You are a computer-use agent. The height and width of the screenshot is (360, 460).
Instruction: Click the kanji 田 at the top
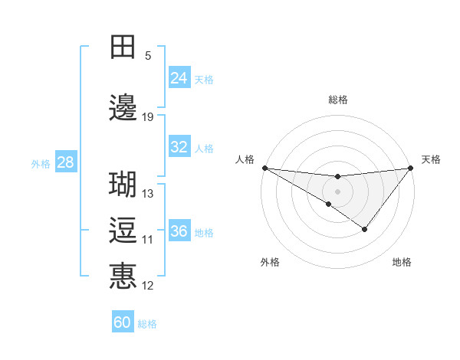[x=123, y=47]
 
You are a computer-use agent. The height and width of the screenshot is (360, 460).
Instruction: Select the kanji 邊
[x=123, y=107]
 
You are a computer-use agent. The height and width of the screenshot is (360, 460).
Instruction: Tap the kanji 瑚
[x=123, y=185]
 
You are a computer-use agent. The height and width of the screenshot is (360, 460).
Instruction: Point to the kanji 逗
[x=123, y=230]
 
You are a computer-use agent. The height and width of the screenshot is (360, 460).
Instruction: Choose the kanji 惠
[x=123, y=275]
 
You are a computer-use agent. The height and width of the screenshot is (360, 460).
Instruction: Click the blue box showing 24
[x=179, y=77]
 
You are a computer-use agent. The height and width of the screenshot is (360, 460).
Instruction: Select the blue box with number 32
[x=179, y=147]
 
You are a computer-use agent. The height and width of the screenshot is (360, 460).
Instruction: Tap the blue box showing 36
[x=179, y=231]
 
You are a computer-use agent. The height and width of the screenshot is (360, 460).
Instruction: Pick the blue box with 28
[x=65, y=162]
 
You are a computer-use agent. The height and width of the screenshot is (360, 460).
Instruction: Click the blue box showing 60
[x=123, y=322]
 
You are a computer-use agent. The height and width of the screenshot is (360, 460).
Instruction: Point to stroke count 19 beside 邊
[x=148, y=117]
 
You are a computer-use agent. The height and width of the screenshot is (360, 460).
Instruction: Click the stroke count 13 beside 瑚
[x=148, y=194]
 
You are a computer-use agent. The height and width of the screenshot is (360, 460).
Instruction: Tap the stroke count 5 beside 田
[x=148, y=55]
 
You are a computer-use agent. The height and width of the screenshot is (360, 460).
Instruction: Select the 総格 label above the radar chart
[x=337, y=100]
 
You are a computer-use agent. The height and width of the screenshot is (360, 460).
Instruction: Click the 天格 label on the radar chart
[x=431, y=159]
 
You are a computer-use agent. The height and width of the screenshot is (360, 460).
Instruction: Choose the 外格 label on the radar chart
[x=270, y=262]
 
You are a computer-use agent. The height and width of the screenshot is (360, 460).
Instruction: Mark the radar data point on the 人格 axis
[x=264, y=167]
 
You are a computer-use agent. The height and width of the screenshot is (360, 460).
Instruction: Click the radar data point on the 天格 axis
[x=410, y=167]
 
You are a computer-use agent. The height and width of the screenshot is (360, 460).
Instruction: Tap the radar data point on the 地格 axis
[x=365, y=229]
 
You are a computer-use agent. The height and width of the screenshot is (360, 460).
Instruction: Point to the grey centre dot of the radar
[x=337, y=191]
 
